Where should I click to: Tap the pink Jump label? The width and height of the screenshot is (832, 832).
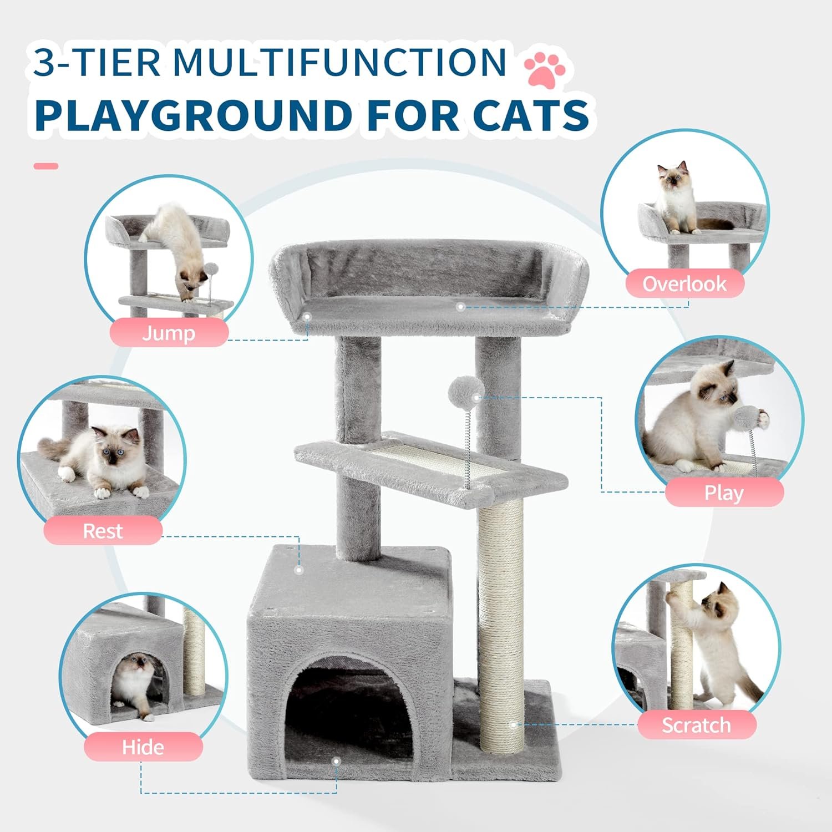pos(169,333)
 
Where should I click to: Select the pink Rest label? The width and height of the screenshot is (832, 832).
pos(103,530)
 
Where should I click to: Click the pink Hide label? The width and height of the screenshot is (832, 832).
pos(143,747)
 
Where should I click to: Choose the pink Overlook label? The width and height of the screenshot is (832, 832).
pos(684,283)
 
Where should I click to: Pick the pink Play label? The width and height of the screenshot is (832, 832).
pos(724,493)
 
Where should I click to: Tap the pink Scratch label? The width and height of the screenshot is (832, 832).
pos(696,725)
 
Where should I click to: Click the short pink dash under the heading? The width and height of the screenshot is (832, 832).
pos(45,166)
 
